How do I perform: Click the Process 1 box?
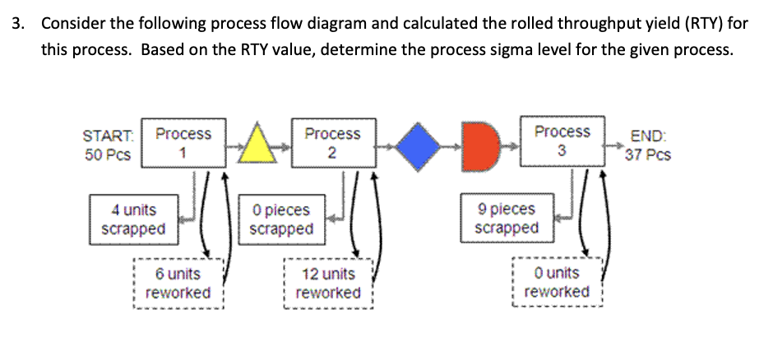pos(183,143)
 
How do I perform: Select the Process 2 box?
pos(332,143)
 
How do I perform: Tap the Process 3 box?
pos(562,141)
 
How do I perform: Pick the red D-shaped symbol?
pos(482,145)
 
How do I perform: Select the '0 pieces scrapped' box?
pos(280,219)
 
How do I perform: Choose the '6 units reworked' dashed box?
pos(178,284)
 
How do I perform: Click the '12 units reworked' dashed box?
pos(328,284)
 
